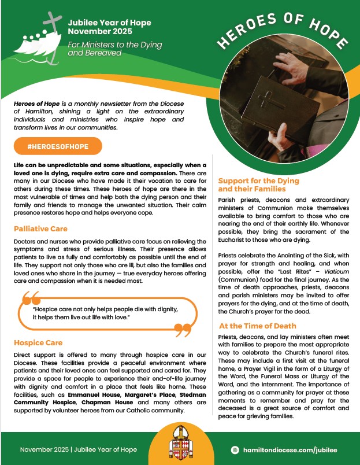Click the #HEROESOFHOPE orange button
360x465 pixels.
[x=57, y=146]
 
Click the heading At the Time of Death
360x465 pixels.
[x=257, y=326]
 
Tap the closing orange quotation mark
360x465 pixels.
[x=182, y=330]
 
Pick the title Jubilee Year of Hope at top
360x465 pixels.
[x=109, y=23]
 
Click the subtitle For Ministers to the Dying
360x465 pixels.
[x=114, y=45]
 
